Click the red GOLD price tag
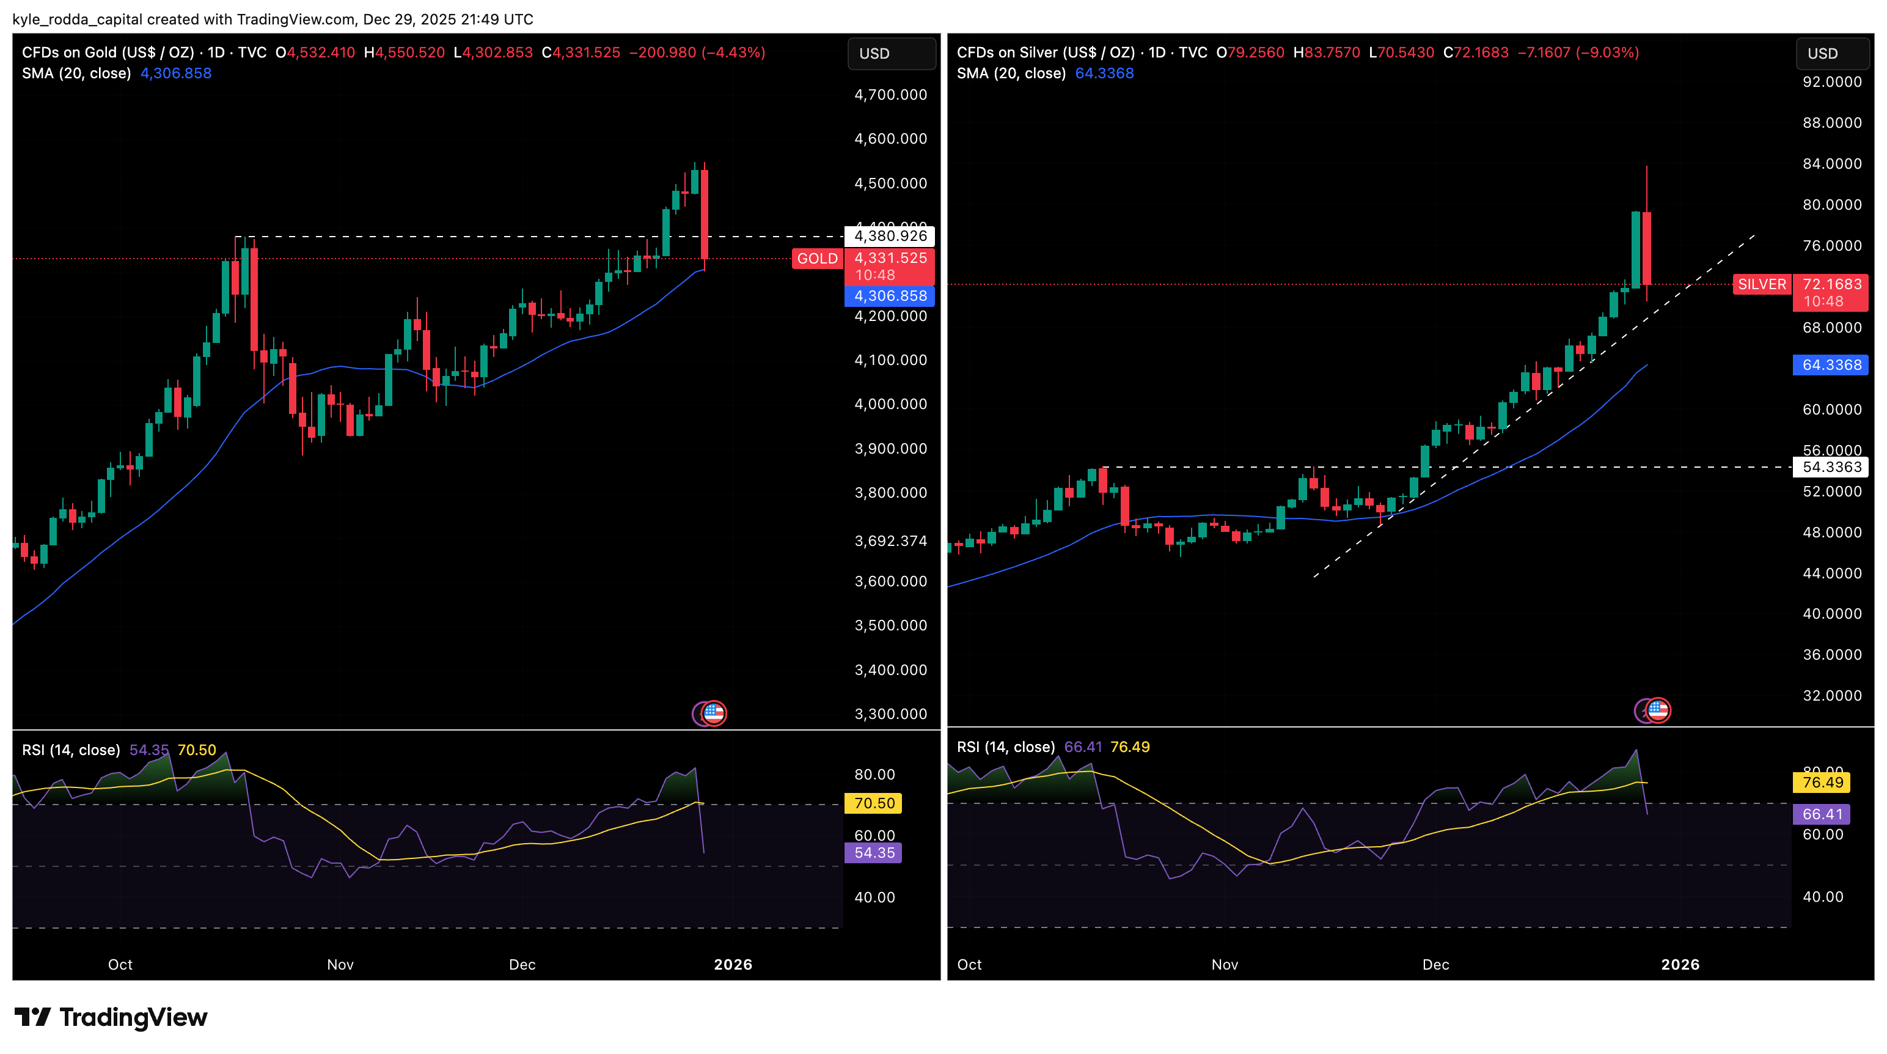(x=817, y=259)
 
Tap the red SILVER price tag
(x=1762, y=284)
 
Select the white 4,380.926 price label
(x=890, y=236)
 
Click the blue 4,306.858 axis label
(x=890, y=296)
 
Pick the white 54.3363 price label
(x=1831, y=467)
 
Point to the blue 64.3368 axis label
(x=1831, y=365)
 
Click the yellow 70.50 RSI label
(x=874, y=803)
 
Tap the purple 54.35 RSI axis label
(x=874, y=852)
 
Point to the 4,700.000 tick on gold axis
(x=890, y=95)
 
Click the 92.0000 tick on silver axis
(x=1831, y=82)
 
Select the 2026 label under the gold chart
(x=733, y=965)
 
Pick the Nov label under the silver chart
(x=1224, y=965)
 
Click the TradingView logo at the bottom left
(x=111, y=1017)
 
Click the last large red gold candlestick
(x=704, y=214)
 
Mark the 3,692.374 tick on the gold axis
(x=890, y=541)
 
